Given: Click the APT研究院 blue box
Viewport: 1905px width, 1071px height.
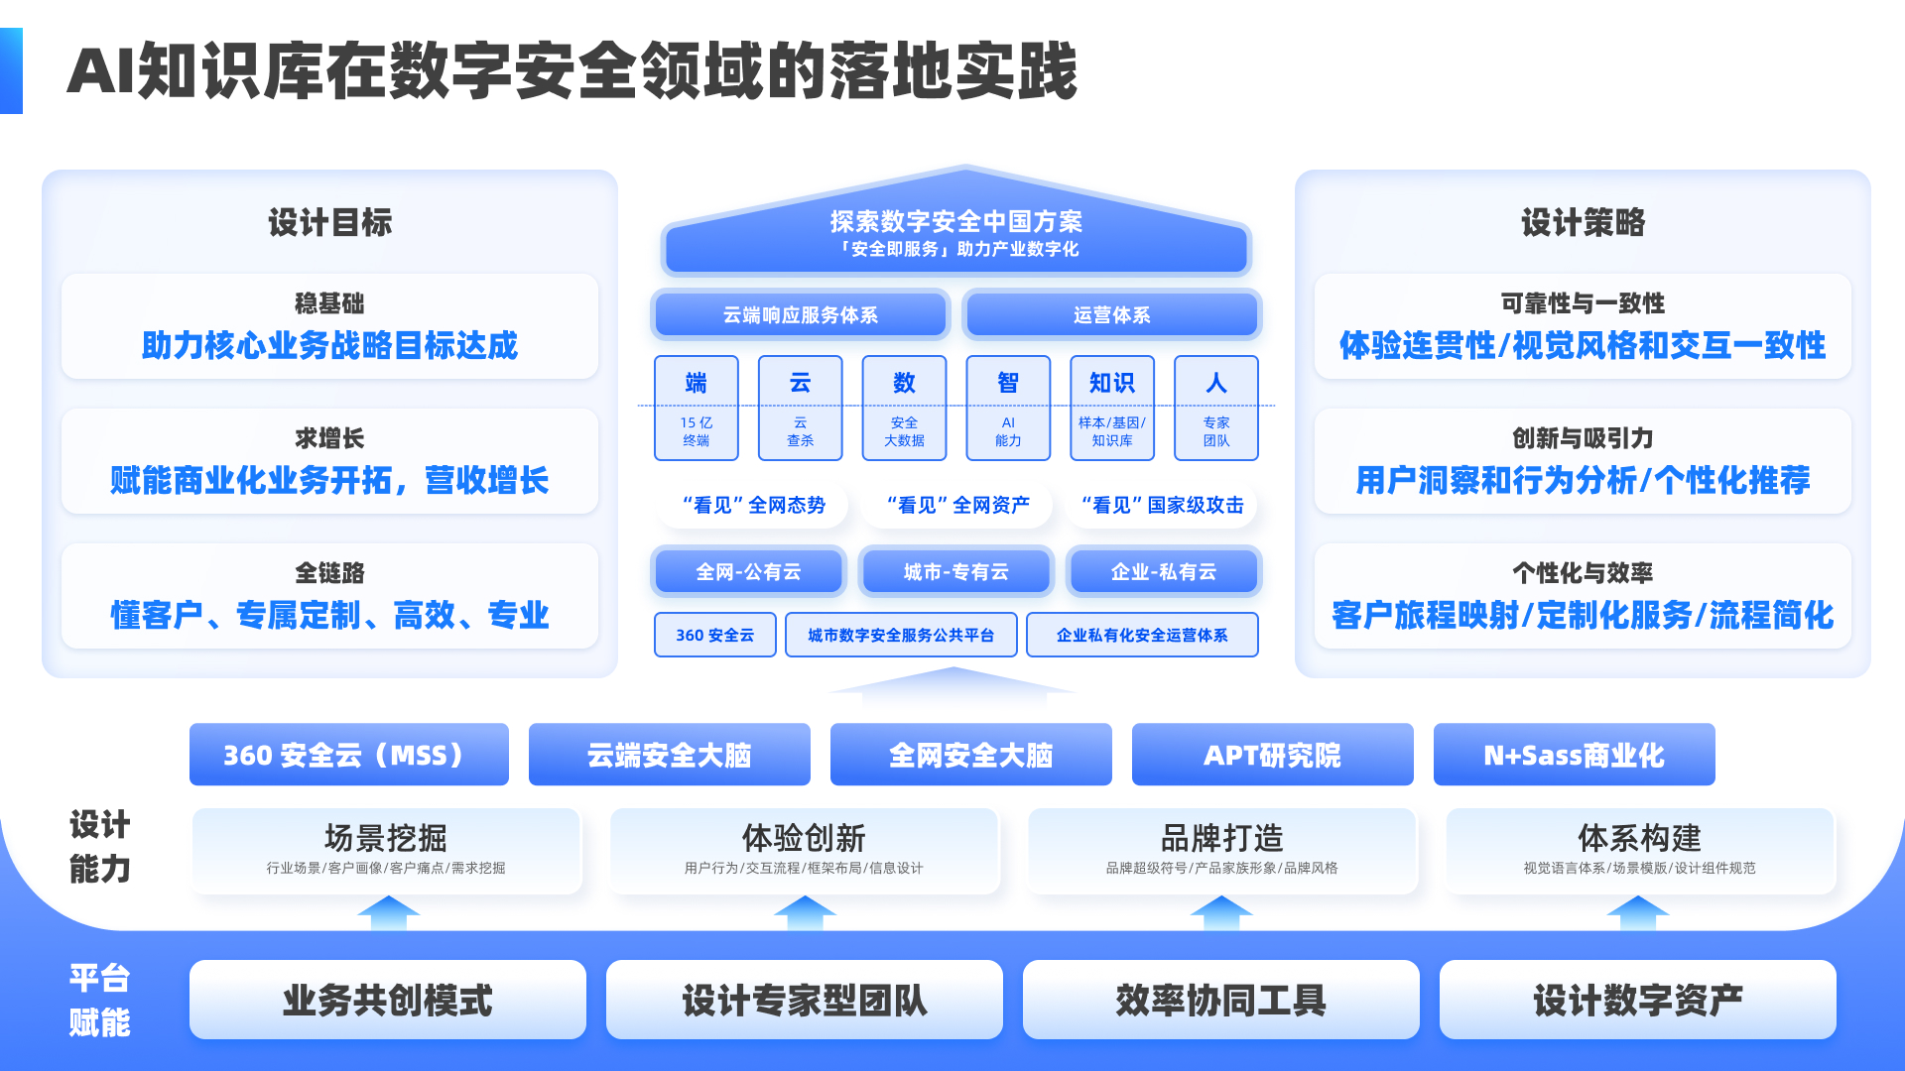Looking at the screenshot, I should [x=1272, y=755].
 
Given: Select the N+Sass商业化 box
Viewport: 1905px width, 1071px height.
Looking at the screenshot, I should [x=1574, y=755].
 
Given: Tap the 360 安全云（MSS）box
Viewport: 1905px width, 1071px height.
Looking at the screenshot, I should [x=348, y=755].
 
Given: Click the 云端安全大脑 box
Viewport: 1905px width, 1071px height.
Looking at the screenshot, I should [x=669, y=755].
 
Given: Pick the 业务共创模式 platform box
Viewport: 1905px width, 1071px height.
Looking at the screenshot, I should [x=387, y=1000].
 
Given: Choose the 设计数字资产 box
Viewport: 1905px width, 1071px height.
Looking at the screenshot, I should [x=1637, y=1000].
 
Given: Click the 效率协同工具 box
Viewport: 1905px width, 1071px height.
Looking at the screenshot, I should [x=1220, y=1000].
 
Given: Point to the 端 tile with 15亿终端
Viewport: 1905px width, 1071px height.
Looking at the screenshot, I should [x=696, y=408].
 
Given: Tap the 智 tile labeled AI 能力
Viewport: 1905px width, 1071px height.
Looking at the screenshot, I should [x=1008, y=408].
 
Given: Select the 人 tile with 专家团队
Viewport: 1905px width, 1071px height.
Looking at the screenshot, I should [x=1215, y=408].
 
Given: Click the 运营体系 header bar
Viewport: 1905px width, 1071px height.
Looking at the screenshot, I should [x=1111, y=314].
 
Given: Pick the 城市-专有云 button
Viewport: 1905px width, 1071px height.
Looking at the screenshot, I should [x=955, y=571].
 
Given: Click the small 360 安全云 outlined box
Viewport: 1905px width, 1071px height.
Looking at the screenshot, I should [x=714, y=635].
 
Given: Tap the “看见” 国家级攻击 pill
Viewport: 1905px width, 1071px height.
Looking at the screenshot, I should [x=1162, y=505].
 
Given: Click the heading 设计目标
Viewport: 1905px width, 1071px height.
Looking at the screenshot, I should [x=329, y=222].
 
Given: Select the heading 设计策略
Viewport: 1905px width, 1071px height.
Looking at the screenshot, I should [x=1583, y=222].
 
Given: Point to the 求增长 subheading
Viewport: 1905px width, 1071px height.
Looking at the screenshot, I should [x=329, y=437].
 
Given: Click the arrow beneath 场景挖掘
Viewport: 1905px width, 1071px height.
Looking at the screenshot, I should [x=388, y=912].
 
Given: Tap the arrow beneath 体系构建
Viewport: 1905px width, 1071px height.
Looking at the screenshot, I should [x=1637, y=912].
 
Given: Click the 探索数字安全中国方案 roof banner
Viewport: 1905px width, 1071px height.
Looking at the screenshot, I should [x=955, y=233].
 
